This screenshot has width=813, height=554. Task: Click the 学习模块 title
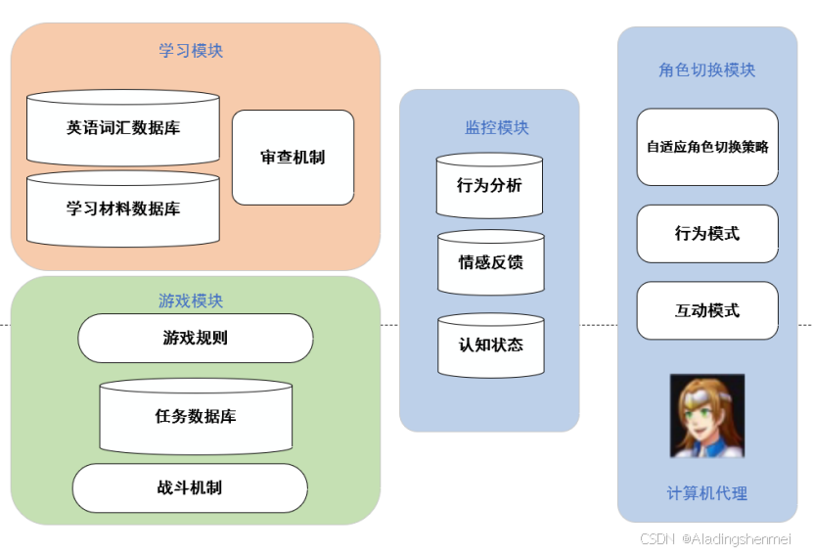pyautogui.click(x=191, y=51)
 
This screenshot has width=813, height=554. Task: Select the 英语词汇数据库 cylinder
pyautogui.click(x=123, y=128)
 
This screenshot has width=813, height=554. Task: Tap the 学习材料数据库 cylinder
pyautogui.click(x=123, y=208)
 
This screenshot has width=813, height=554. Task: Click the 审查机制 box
pyautogui.click(x=293, y=158)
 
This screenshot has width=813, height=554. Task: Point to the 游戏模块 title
pyautogui.click(x=191, y=300)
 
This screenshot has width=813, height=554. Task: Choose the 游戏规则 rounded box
pyautogui.click(x=196, y=339)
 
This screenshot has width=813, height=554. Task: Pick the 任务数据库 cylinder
pyautogui.click(x=196, y=417)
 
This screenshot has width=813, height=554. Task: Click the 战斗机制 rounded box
pyautogui.click(x=190, y=487)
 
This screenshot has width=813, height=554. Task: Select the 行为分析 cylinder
pyautogui.click(x=489, y=185)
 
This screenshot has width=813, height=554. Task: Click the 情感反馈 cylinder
pyautogui.click(x=490, y=262)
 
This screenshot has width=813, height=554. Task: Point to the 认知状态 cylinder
pyautogui.click(x=490, y=345)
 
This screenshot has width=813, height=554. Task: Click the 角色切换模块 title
pyautogui.click(x=706, y=70)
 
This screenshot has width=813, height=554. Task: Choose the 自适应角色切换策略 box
pyautogui.click(x=707, y=147)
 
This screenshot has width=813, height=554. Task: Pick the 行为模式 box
pyautogui.click(x=707, y=234)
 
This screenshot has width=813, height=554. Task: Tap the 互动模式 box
pyautogui.click(x=707, y=311)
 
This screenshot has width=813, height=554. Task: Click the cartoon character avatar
pyautogui.click(x=706, y=415)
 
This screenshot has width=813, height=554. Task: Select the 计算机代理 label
pyautogui.click(x=706, y=493)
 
